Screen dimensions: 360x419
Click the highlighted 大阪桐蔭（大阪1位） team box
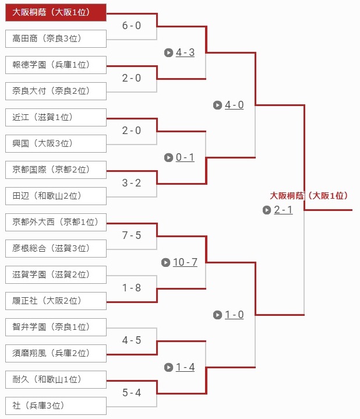point(56,12)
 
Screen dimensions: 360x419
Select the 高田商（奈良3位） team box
point(56,38)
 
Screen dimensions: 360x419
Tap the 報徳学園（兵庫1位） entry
point(56,65)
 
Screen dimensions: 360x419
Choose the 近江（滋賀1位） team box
point(56,117)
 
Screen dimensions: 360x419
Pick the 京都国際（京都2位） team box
point(56,170)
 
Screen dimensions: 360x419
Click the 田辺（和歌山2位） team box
point(56,196)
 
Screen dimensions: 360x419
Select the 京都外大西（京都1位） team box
point(56,222)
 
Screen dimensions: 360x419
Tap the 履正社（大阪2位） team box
point(56,301)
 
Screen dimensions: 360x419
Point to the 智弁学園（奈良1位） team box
point(56,327)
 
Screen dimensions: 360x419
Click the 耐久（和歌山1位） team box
point(56,379)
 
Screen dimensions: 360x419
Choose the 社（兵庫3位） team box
point(56,406)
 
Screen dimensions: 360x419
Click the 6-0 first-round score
point(132,26)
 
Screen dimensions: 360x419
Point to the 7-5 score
point(132,235)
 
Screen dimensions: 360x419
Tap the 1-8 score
point(132,288)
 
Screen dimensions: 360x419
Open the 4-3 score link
point(185,52)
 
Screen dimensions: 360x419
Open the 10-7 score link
point(185,262)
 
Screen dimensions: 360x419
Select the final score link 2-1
point(283,210)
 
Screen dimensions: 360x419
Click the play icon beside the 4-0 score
point(218,105)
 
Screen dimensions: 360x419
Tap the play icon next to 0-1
point(168,158)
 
